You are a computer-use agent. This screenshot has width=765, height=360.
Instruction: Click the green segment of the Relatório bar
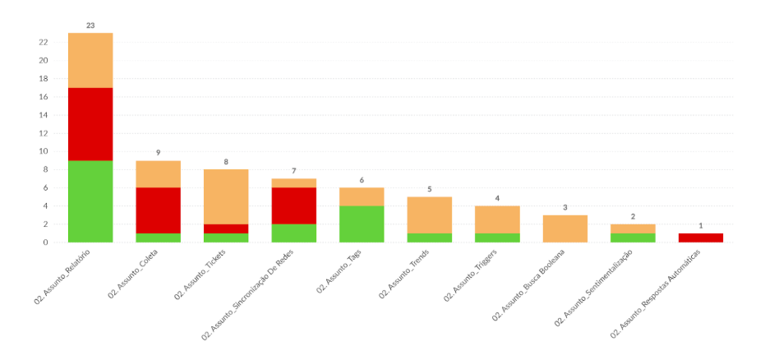90,201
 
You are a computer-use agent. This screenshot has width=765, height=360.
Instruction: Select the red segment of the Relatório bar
90,124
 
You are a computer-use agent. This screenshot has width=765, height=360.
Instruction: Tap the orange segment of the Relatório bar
90,60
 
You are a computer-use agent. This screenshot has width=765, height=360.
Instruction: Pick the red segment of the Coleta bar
158,210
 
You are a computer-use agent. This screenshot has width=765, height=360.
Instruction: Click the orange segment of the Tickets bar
226,196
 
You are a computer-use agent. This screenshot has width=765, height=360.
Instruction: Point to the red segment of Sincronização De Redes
293,205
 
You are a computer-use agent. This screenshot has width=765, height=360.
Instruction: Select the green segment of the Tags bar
362,224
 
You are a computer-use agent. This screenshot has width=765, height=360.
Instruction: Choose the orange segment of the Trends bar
429,215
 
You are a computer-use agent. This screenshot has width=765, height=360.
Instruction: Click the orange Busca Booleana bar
565,228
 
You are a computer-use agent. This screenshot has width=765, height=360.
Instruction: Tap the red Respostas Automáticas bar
700,238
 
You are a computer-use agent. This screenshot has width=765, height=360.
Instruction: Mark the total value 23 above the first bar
90,25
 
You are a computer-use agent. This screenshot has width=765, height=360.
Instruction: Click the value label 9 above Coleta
158,153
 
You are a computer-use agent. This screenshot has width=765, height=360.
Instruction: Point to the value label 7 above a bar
293,171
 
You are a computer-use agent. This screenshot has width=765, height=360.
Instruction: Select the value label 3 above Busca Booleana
565,207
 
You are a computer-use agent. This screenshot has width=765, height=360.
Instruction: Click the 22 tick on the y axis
42,42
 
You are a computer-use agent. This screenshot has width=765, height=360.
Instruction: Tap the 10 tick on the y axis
42,151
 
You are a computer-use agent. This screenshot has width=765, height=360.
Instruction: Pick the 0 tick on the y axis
44,242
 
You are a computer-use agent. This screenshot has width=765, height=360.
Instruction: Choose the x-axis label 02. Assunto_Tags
340,272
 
